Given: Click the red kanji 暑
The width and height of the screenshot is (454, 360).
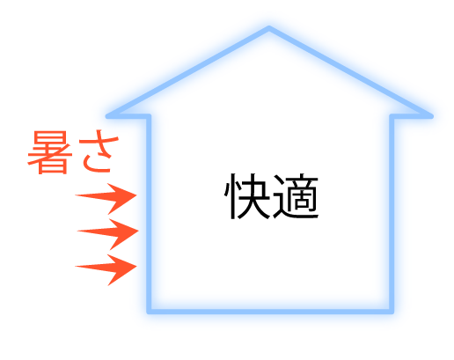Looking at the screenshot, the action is (49, 152).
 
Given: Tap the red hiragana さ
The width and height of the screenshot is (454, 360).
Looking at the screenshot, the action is (99, 151).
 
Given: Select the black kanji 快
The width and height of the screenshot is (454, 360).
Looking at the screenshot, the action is (247, 196).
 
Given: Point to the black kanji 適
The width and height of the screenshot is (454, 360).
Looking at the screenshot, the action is (296, 196).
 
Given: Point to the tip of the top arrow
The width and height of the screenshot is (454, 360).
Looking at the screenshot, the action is (136, 195).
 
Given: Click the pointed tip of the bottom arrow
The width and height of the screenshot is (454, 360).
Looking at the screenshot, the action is (136, 267).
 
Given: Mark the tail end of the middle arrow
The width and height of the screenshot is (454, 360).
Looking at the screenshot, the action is (77, 231).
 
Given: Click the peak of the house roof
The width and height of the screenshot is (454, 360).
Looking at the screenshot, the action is (269, 28).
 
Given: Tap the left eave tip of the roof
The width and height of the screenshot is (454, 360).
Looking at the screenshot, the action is (107, 116).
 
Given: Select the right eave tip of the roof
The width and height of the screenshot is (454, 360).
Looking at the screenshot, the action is (431, 116).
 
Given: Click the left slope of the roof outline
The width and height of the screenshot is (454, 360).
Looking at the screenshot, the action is (188, 72).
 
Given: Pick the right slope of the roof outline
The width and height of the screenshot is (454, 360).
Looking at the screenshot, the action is (350, 72).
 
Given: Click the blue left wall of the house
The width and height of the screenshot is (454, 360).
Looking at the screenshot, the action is (149, 214).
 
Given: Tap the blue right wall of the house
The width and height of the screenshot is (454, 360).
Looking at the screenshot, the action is (392, 214).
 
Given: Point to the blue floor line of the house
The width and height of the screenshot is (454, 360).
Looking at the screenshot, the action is (270, 312).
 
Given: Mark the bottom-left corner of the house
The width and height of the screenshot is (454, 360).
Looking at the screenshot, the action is (149, 312).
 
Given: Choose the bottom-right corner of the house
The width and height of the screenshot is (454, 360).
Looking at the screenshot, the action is (392, 312).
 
